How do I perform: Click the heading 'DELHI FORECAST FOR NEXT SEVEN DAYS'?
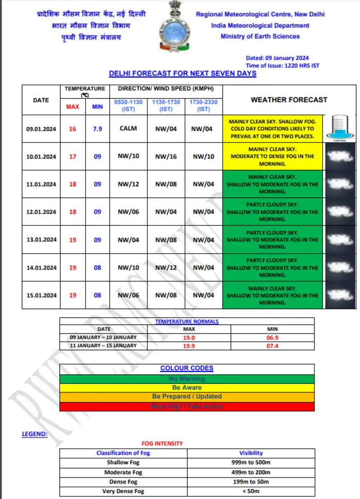[183, 73]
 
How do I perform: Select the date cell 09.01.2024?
[41, 128]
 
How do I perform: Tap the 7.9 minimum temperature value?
[97, 128]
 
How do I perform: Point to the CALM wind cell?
[128, 128]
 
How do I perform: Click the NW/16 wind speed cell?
[166, 156]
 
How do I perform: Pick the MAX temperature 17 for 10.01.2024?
[73, 156]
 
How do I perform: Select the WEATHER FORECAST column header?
[289, 100]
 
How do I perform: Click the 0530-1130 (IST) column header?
[128, 106]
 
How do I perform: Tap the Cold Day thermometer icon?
[339, 127]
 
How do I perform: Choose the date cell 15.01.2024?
[41, 295]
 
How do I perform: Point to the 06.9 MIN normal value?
[273, 337]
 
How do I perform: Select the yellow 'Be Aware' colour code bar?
[187, 387]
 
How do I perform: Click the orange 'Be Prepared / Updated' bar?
[187, 397]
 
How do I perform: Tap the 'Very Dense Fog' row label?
[123, 491]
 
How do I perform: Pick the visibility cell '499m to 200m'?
[251, 472]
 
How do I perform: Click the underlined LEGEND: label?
[34, 434]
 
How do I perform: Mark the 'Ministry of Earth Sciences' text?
[260, 36]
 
